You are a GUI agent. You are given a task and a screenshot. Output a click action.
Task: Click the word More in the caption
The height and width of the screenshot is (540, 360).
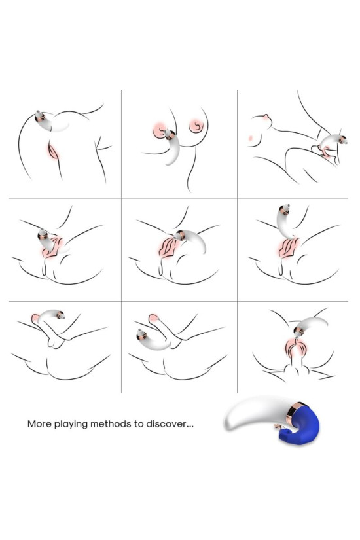click(39, 423)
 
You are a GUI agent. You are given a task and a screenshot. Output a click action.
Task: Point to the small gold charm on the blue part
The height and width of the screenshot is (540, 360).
click(278, 427)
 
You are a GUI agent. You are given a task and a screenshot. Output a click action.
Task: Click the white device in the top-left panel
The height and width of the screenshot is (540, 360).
click(52, 122)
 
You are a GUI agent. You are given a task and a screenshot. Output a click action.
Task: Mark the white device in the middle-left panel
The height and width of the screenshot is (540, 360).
click(48, 240)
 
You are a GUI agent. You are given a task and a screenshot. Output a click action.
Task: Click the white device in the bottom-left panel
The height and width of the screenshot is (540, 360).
click(50, 315)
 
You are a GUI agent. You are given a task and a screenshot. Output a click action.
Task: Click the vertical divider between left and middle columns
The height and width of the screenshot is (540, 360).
click(121, 241)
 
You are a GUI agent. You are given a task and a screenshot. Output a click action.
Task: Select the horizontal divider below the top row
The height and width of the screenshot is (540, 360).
click(178, 198)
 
